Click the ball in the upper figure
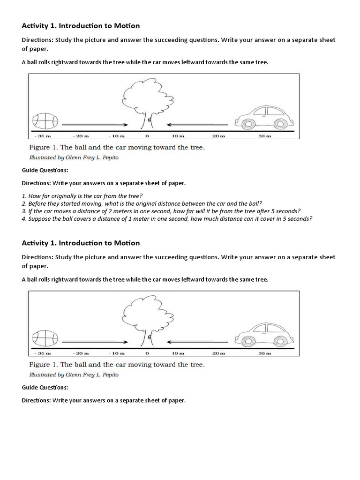(x=45, y=121)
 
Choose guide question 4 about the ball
(x=167, y=218)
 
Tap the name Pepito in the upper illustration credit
(x=108, y=157)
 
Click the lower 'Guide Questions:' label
(x=45, y=387)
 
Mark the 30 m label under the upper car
(x=265, y=136)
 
